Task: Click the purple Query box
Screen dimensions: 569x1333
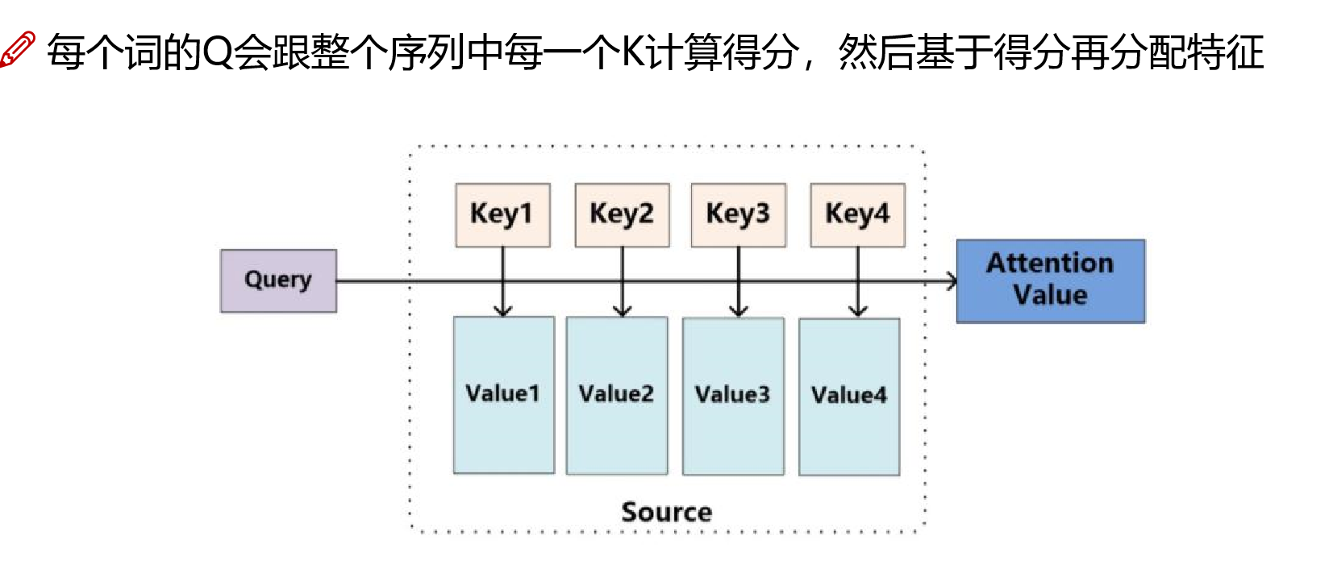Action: pos(278,280)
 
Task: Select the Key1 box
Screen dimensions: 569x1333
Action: pos(502,214)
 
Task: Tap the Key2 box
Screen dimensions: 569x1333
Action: pos(622,214)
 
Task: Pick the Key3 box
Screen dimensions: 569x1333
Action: pos(738,214)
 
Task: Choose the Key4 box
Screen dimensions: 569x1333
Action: pos(857,214)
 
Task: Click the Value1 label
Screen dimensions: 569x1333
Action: pos(502,393)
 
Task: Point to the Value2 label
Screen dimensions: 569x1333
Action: pos(616,393)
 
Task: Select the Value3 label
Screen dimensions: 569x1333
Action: pos(732,394)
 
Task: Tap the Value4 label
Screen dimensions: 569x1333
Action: pos(848,395)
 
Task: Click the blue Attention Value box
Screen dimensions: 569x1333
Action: pos(1050,280)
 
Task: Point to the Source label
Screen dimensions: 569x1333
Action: pos(666,512)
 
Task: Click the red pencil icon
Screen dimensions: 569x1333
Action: pos(17,49)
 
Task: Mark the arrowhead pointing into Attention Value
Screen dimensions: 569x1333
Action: pos(952,281)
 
